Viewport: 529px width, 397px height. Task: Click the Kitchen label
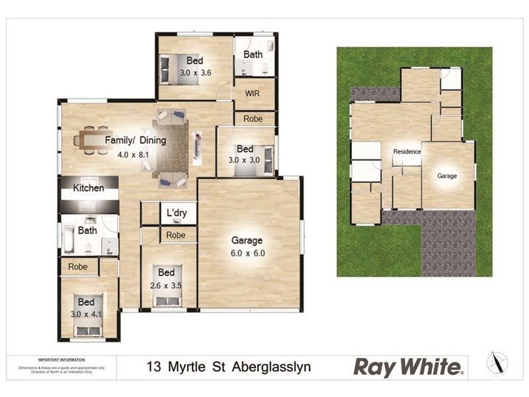point(89,188)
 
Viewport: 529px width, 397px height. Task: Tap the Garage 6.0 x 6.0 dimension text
point(247,253)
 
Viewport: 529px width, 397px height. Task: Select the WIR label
point(252,93)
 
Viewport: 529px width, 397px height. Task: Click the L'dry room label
point(177,212)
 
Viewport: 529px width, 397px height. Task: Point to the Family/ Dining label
point(136,140)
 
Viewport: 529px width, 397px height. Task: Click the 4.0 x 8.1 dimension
point(133,155)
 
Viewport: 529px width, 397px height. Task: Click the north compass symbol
point(497,363)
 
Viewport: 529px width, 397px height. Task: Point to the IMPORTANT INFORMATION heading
point(60,360)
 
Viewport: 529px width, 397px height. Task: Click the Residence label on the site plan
point(407,152)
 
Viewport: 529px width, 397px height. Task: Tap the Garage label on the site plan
point(446,176)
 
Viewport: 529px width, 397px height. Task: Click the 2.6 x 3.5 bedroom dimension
point(166,286)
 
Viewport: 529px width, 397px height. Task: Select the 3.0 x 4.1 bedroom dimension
point(87,314)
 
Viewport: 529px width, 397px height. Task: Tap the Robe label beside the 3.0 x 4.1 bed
point(79,267)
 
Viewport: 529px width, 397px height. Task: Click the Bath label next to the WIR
point(253,54)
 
